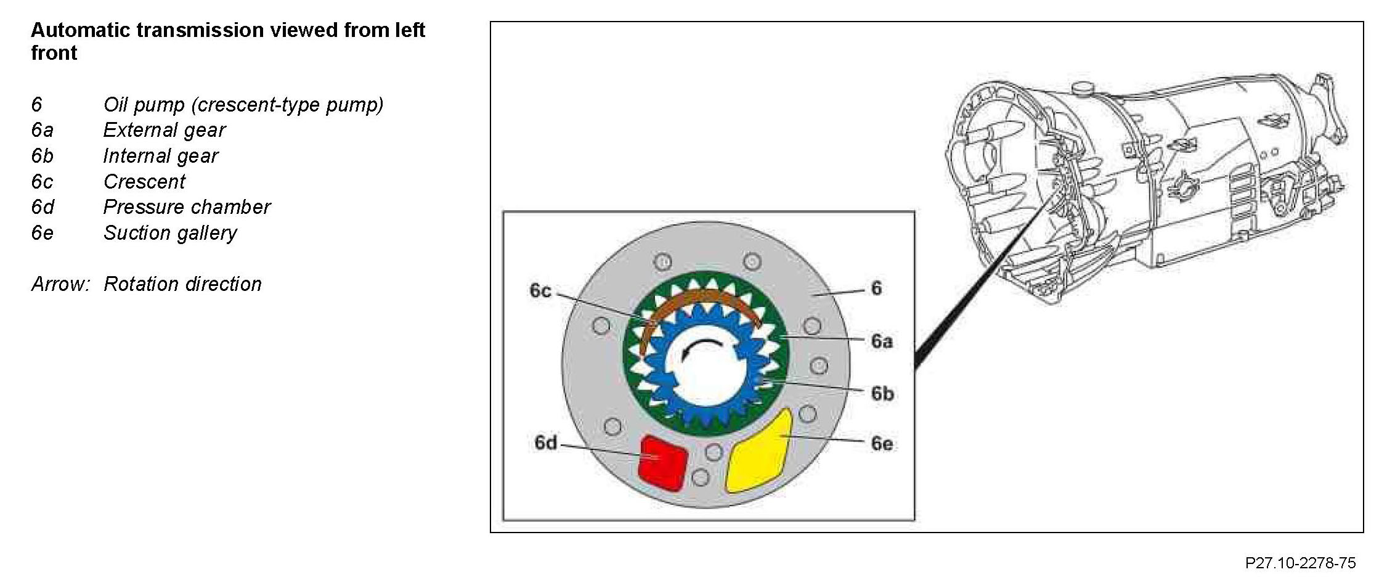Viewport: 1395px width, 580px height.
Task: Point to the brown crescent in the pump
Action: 702,301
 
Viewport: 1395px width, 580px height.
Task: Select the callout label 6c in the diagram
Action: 540,290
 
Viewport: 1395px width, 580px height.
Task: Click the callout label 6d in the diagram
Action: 545,443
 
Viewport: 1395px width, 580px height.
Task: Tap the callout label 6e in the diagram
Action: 882,443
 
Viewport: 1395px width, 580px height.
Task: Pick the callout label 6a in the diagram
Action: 882,341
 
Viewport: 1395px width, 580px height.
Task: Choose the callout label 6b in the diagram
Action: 882,393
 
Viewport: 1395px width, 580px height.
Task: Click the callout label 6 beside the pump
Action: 876,288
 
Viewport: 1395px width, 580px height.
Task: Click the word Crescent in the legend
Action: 144,182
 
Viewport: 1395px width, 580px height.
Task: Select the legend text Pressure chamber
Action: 187,207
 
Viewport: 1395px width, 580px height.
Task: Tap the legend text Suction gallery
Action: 170,233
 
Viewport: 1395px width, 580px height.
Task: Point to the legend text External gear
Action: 165,130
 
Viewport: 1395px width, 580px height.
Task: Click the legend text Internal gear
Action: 161,156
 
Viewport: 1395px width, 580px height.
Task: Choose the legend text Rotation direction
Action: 182,284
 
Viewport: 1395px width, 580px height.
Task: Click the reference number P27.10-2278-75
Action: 1300,563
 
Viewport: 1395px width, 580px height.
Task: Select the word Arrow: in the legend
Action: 60,284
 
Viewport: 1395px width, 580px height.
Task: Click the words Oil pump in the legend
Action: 144,105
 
